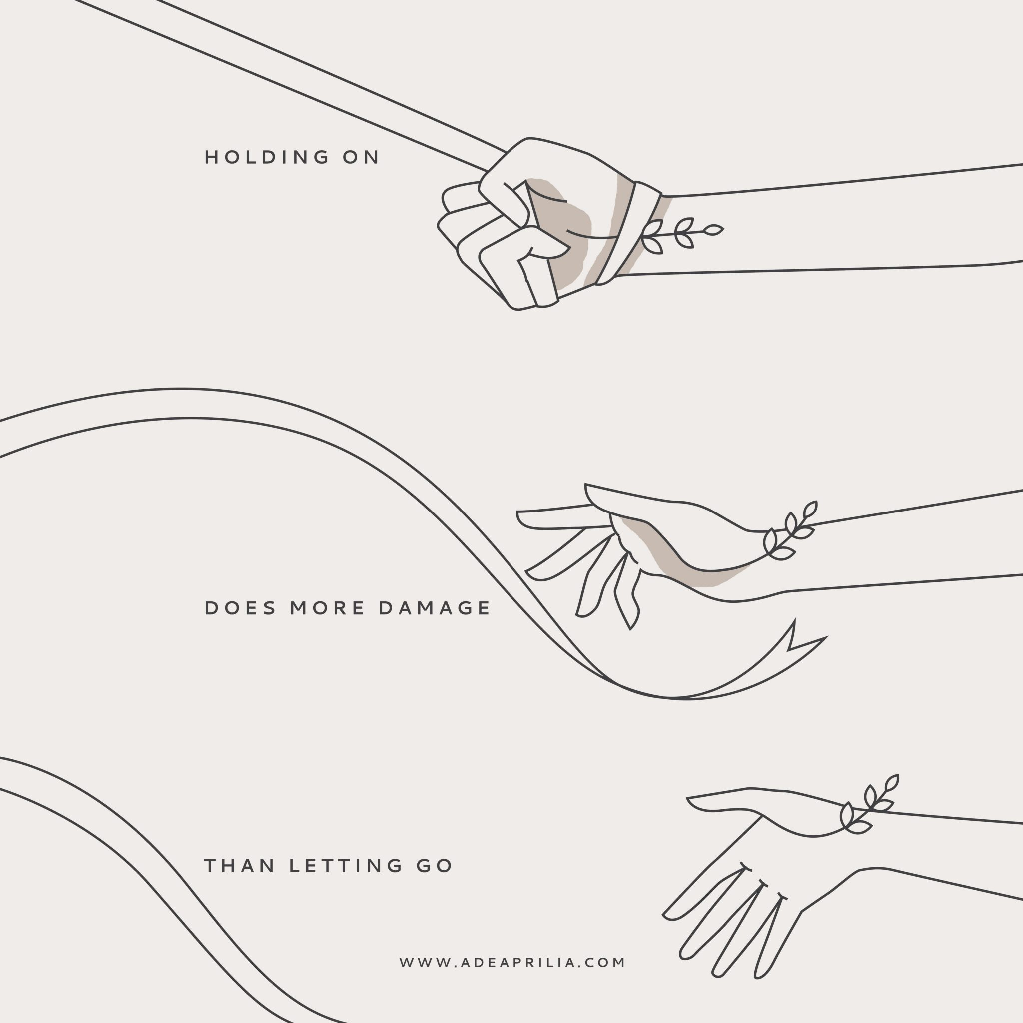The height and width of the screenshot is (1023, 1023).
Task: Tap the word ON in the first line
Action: pos(361,157)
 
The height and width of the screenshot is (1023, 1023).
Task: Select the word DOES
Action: pos(240,608)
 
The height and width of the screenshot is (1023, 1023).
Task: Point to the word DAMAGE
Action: pos(435,608)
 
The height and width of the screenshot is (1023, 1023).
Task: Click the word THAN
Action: pos(239,866)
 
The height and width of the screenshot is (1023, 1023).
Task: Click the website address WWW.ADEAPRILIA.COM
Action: pos(512,962)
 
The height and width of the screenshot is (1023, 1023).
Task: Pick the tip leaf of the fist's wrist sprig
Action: pos(714,230)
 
